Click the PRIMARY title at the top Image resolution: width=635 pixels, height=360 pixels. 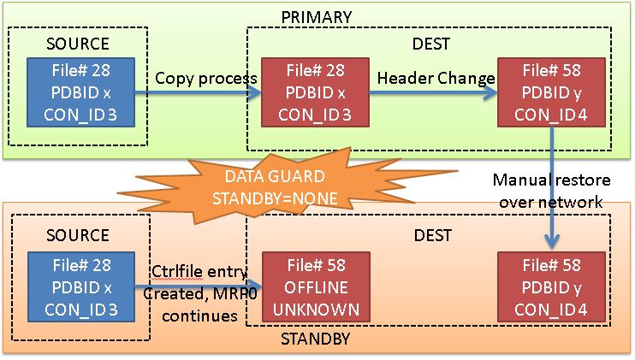coord(317,17)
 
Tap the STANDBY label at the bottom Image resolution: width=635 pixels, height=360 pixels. coord(316,339)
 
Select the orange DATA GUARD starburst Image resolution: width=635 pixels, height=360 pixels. coord(275,187)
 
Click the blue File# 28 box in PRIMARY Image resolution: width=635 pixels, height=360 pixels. coord(81,92)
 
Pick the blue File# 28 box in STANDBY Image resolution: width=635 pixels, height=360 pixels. coord(81,287)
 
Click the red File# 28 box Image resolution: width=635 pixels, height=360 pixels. coord(315,92)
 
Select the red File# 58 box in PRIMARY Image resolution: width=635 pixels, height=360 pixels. coord(552,92)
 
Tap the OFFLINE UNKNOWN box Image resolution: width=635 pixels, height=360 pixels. coord(317,287)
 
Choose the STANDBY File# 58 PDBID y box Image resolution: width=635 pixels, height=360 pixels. coord(552,287)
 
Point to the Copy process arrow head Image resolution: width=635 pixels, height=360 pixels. coord(255,92)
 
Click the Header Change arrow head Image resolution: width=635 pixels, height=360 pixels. coord(491,92)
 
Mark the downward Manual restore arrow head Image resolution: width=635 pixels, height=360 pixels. coord(552,242)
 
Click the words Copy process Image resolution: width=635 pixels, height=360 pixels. coord(206,79)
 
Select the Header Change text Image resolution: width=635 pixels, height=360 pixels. coord(436,78)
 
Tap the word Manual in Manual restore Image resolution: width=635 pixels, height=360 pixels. coord(521,180)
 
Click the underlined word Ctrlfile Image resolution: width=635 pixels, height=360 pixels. coord(176,271)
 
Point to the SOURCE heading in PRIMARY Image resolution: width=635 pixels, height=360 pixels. coord(78,44)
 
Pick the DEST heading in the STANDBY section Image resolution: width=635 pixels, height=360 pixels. coord(432,235)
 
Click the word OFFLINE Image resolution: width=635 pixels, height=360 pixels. coord(317,287)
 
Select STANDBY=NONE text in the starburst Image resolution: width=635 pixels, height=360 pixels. coord(275,198)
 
